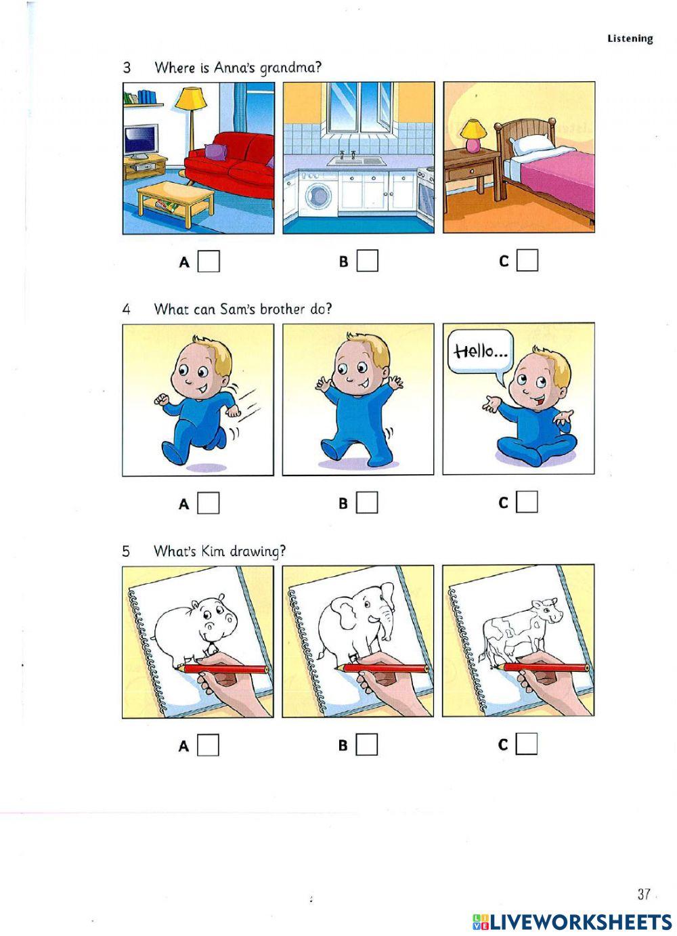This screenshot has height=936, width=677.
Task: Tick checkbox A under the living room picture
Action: point(209,261)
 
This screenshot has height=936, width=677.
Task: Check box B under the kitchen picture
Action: point(367,261)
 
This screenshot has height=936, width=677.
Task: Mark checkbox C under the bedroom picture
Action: point(527,261)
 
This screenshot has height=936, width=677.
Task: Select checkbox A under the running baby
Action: point(209,503)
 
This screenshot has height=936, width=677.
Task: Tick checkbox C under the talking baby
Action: point(527,502)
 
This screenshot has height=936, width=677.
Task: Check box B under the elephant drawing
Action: point(367,744)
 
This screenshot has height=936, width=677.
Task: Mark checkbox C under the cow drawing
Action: point(526,744)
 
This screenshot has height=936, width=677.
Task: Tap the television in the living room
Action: point(140,141)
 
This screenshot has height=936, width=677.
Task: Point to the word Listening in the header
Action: point(630,39)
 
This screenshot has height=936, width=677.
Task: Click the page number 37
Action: point(643,894)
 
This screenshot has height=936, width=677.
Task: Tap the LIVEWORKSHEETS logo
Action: point(572,921)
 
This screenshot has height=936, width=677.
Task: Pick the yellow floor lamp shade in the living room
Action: point(190,98)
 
